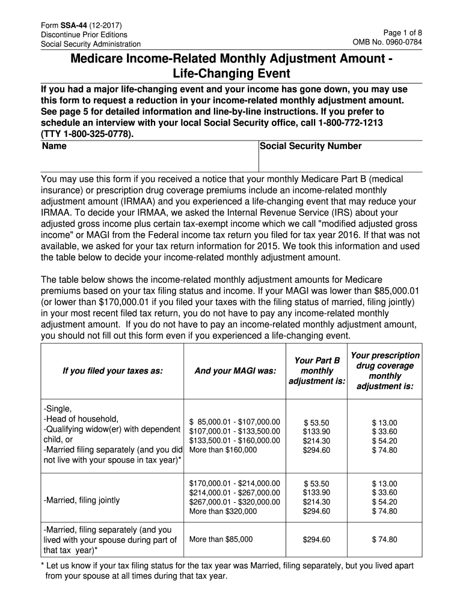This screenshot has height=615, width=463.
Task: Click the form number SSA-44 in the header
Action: [x=71, y=25]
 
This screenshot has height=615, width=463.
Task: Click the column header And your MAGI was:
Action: [x=235, y=371]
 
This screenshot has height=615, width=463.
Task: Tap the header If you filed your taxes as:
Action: [x=112, y=371]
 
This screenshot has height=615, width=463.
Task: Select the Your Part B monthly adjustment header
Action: [x=316, y=371]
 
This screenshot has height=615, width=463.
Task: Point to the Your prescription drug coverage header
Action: [x=385, y=371]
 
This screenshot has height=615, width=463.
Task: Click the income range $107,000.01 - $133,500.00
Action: [x=235, y=431]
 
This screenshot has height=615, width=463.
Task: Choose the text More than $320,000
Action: [x=223, y=511]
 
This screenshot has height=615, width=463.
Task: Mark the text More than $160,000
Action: [x=223, y=449]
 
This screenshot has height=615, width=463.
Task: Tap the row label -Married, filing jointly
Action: [x=82, y=500]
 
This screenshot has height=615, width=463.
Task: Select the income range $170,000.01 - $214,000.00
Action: [x=235, y=482]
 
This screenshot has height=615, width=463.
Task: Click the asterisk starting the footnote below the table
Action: [x=43, y=566]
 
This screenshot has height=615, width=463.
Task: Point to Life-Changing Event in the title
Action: [x=231, y=74]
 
